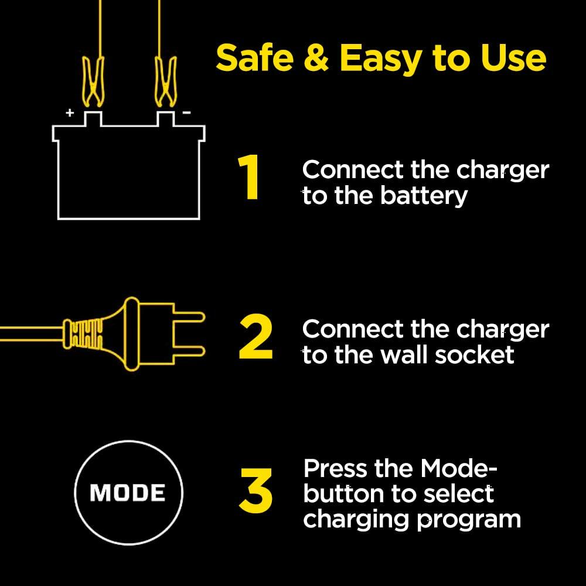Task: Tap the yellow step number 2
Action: pyautogui.click(x=256, y=339)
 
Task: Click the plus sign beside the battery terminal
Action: pyautogui.click(x=70, y=113)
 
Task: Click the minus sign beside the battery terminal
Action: pyautogui.click(x=186, y=113)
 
